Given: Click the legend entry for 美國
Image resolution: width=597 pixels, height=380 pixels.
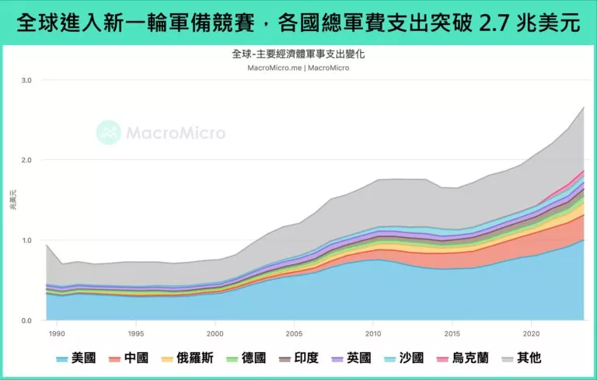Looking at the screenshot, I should pos(76,358).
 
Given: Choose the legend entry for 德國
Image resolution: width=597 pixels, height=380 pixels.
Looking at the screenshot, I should pos(247,358).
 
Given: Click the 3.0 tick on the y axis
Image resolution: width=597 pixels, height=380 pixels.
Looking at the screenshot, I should pos(26,80).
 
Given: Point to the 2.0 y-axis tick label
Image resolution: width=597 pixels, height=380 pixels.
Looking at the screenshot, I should pos(26,160).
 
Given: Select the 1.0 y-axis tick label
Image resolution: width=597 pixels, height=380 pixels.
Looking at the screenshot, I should pos(26,240).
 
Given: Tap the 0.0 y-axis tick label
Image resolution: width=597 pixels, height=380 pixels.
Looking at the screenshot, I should pos(26,320).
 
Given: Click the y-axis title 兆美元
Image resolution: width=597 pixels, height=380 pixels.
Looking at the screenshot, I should pos(13,200).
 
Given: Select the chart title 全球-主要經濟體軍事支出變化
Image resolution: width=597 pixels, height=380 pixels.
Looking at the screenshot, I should pos(298,54).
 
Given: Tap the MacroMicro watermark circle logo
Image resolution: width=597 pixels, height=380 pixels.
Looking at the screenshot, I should pos(108,132).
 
